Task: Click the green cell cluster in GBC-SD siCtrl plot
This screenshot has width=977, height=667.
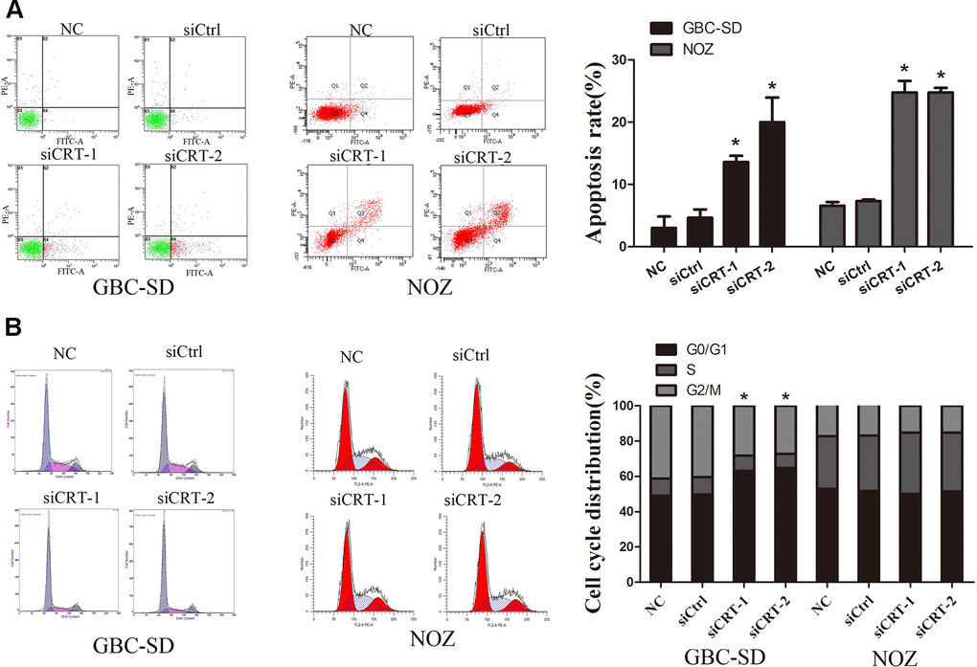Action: point(156,120)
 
